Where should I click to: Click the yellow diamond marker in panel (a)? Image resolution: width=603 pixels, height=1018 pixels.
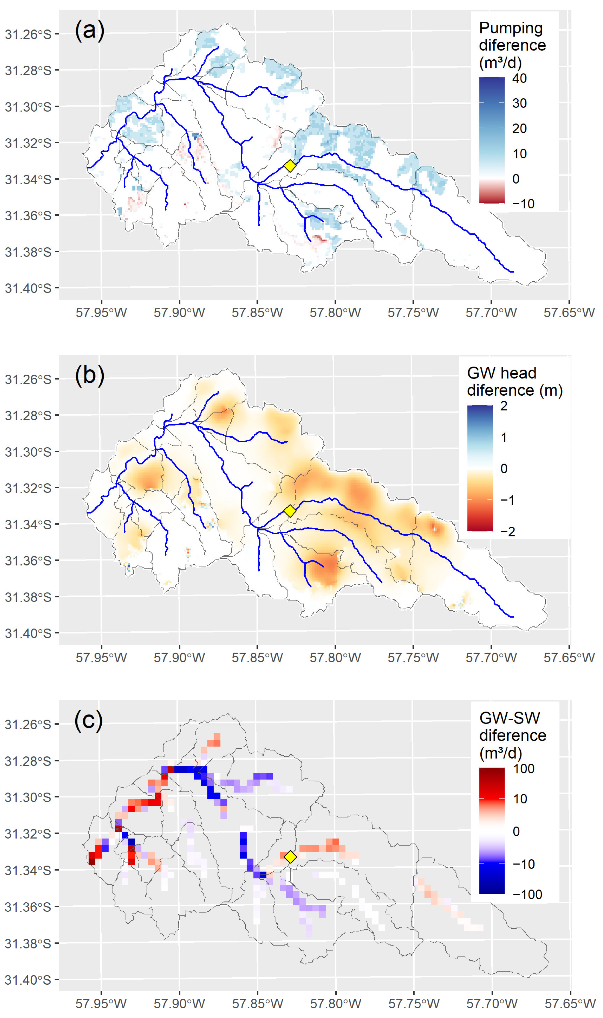289,166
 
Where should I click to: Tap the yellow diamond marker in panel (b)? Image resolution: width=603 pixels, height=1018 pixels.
289,511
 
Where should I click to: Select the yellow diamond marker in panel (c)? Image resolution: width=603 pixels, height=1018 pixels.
290,856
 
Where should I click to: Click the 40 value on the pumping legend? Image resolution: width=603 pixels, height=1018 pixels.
519,78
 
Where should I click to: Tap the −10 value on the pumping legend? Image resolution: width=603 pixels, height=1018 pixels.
523,204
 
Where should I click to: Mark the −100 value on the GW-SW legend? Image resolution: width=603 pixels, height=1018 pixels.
527,894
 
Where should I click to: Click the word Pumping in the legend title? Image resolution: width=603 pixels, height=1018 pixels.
511,28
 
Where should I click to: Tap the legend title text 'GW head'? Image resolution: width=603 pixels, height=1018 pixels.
501,373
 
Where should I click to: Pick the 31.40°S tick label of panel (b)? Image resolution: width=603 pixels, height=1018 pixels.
28,633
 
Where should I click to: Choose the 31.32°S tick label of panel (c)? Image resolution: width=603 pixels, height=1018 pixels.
28,834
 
